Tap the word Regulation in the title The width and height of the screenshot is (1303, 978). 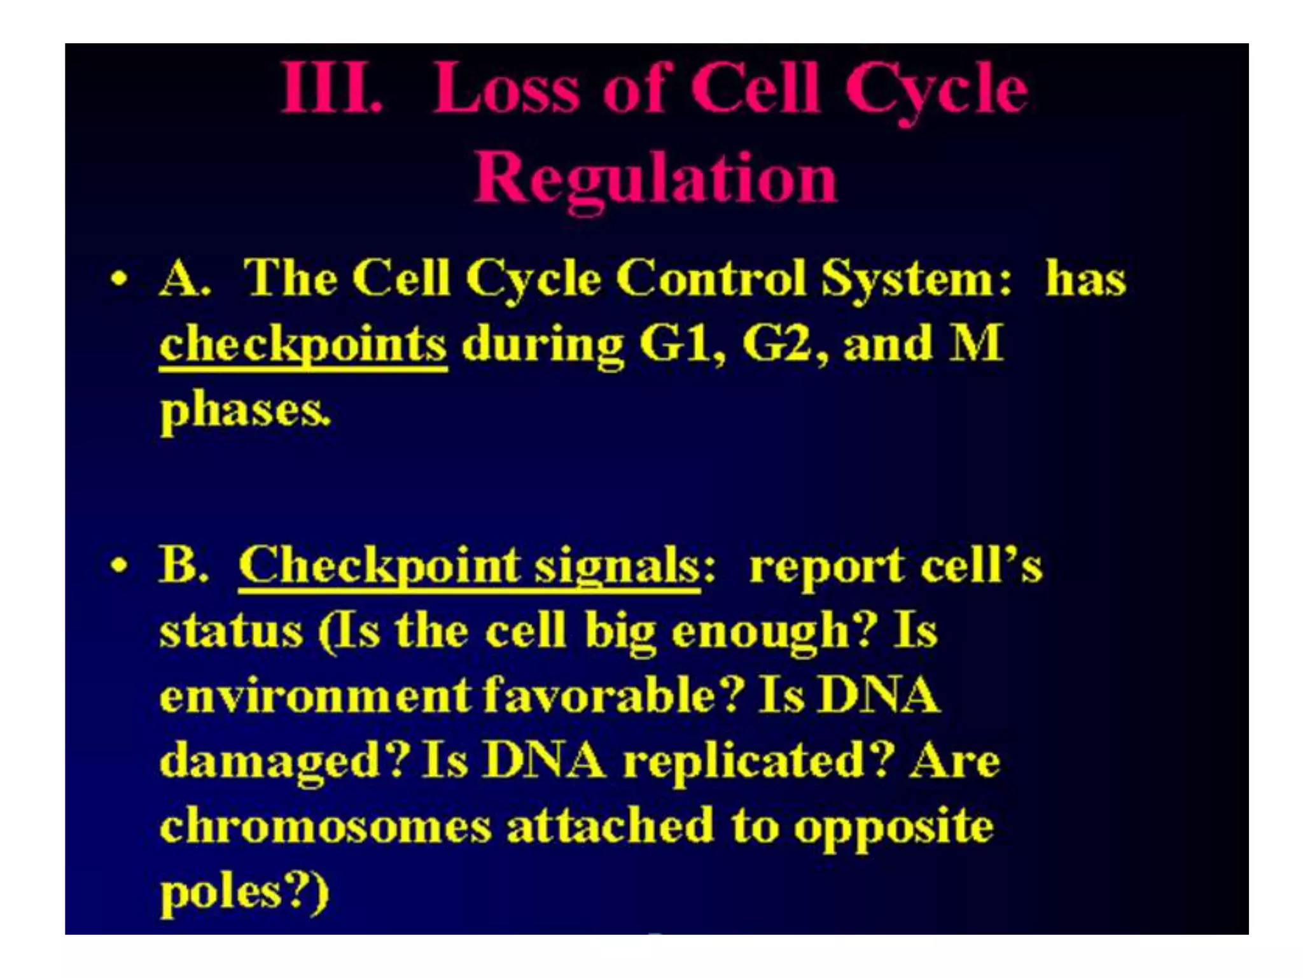coord(655,180)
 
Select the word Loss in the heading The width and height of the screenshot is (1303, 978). coord(506,89)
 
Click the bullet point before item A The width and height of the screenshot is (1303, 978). coord(119,279)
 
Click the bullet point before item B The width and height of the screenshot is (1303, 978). coord(119,565)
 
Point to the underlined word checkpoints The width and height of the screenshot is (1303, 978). coord(303,345)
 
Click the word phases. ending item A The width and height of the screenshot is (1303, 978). coord(245,411)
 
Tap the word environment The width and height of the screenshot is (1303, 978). coord(315,695)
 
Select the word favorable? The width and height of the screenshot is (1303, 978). coord(613,695)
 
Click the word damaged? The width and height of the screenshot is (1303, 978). coord(283,762)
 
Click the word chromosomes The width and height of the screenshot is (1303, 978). coord(325,826)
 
